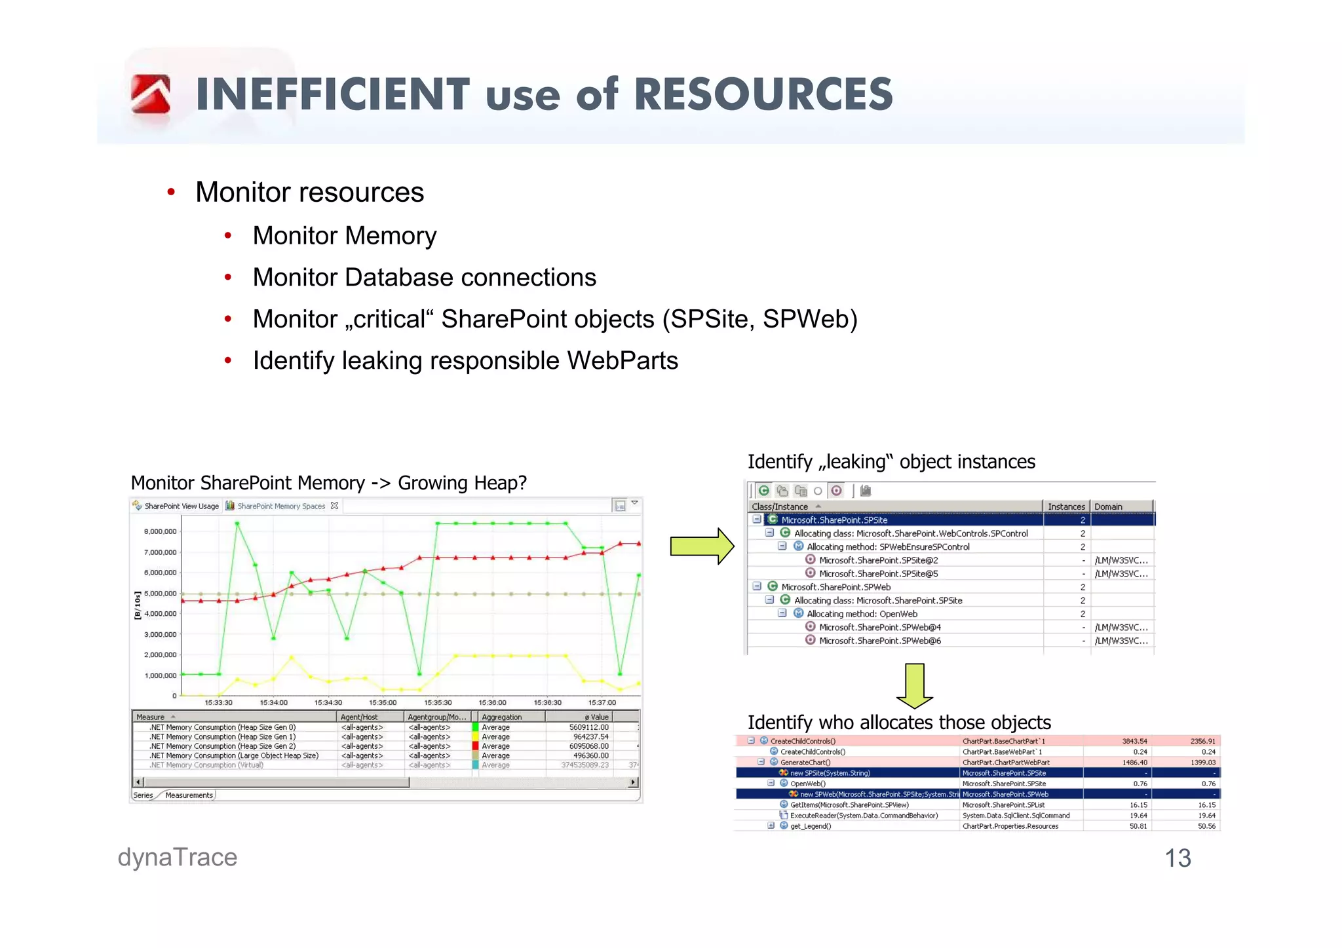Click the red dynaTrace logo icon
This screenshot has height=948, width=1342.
pyautogui.click(x=151, y=94)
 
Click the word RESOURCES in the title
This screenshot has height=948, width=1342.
pyautogui.click(x=763, y=94)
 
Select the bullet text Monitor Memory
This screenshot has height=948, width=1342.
pyautogui.click(x=345, y=236)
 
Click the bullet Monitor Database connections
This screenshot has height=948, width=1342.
pyautogui.click(x=425, y=278)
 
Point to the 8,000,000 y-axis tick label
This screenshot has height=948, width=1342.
pyautogui.click(x=160, y=531)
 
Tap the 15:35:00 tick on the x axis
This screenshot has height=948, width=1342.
pyautogui.click(x=383, y=702)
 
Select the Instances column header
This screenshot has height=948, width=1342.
pyautogui.click(x=1065, y=506)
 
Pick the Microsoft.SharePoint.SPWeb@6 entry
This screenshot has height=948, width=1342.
pyautogui.click(x=879, y=641)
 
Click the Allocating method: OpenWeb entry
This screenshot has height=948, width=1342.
pyautogui.click(x=862, y=614)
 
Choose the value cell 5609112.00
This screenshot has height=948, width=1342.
pyautogui.click(x=588, y=727)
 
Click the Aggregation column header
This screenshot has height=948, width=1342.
pyautogui.click(x=502, y=717)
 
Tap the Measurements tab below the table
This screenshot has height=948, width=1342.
pyautogui.click(x=189, y=795)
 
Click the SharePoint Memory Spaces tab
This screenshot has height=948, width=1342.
pyautogui.click(x=281, y=506)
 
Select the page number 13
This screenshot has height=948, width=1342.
pyautogui.click(x=1177, y=858)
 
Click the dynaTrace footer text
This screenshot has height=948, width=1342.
pyautogui.click(x=178, y=858)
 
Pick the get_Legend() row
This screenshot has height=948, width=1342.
pyautogui.click(x=811, y=826)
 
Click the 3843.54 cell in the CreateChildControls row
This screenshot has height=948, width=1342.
pyautogui.click(x=1134, y=741)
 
